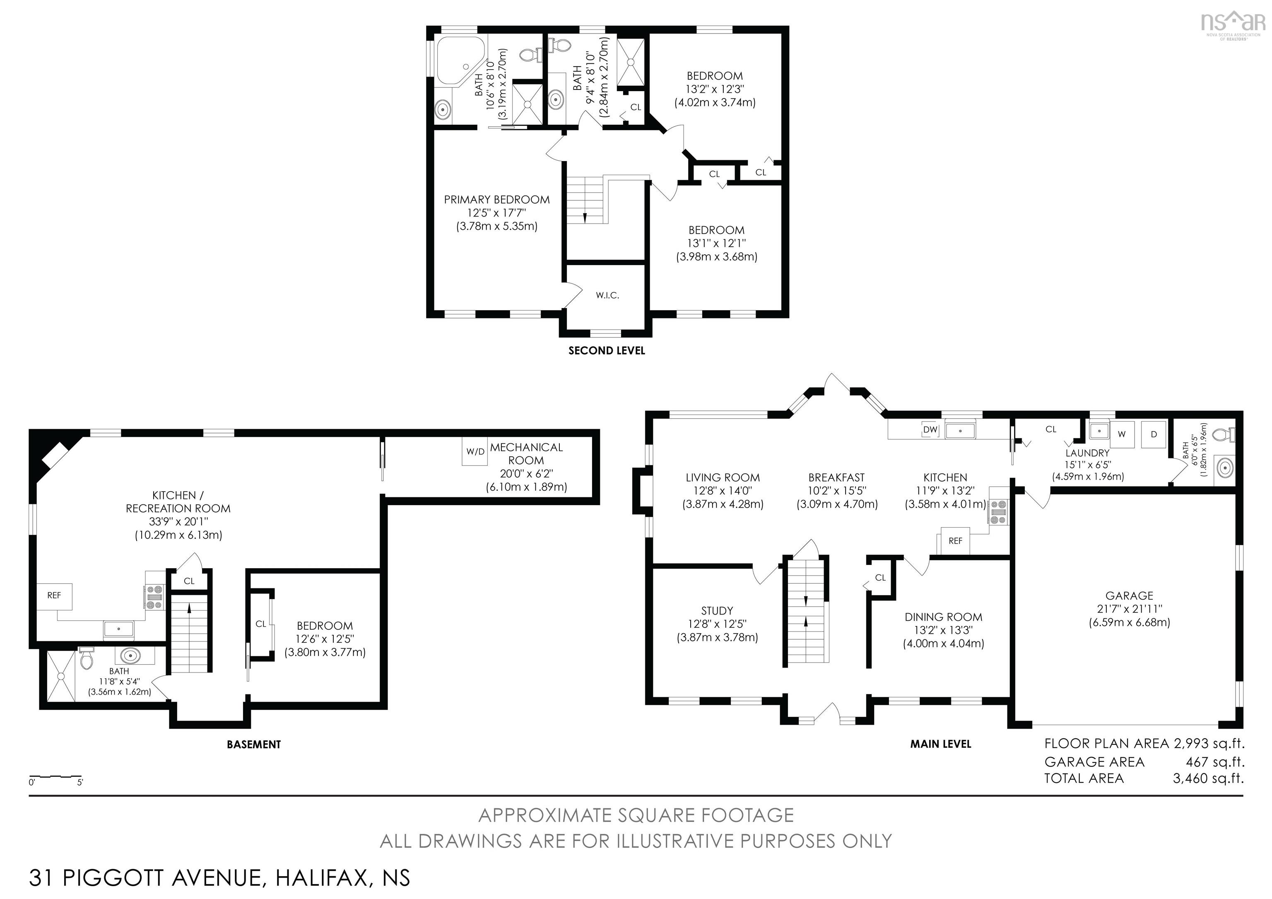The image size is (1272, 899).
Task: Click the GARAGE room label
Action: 1129,596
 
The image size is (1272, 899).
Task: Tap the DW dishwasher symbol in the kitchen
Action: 930,429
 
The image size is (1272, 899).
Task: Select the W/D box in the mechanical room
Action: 475,451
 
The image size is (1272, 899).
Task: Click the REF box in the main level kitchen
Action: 955,541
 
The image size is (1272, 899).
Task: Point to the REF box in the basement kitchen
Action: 54,595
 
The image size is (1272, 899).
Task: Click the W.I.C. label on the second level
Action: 607,296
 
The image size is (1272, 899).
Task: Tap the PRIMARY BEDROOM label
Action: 496,200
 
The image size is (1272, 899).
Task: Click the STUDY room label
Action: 717,611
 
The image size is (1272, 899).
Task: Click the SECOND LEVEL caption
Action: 607,351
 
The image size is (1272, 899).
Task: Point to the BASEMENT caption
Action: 254,745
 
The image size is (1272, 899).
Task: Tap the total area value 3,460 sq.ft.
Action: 1208,778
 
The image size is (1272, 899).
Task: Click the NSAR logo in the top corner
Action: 1232,23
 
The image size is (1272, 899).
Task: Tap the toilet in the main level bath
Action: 1224,435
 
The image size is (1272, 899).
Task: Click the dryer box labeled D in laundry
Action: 1154,434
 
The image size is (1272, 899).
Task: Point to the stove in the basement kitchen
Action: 154,597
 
